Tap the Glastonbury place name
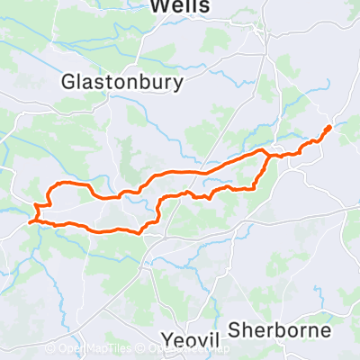coord(122,81)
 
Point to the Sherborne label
coord(280,329)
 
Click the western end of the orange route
coord(31,220)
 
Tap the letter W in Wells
coord(158,7)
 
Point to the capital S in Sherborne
coord(235,329)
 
